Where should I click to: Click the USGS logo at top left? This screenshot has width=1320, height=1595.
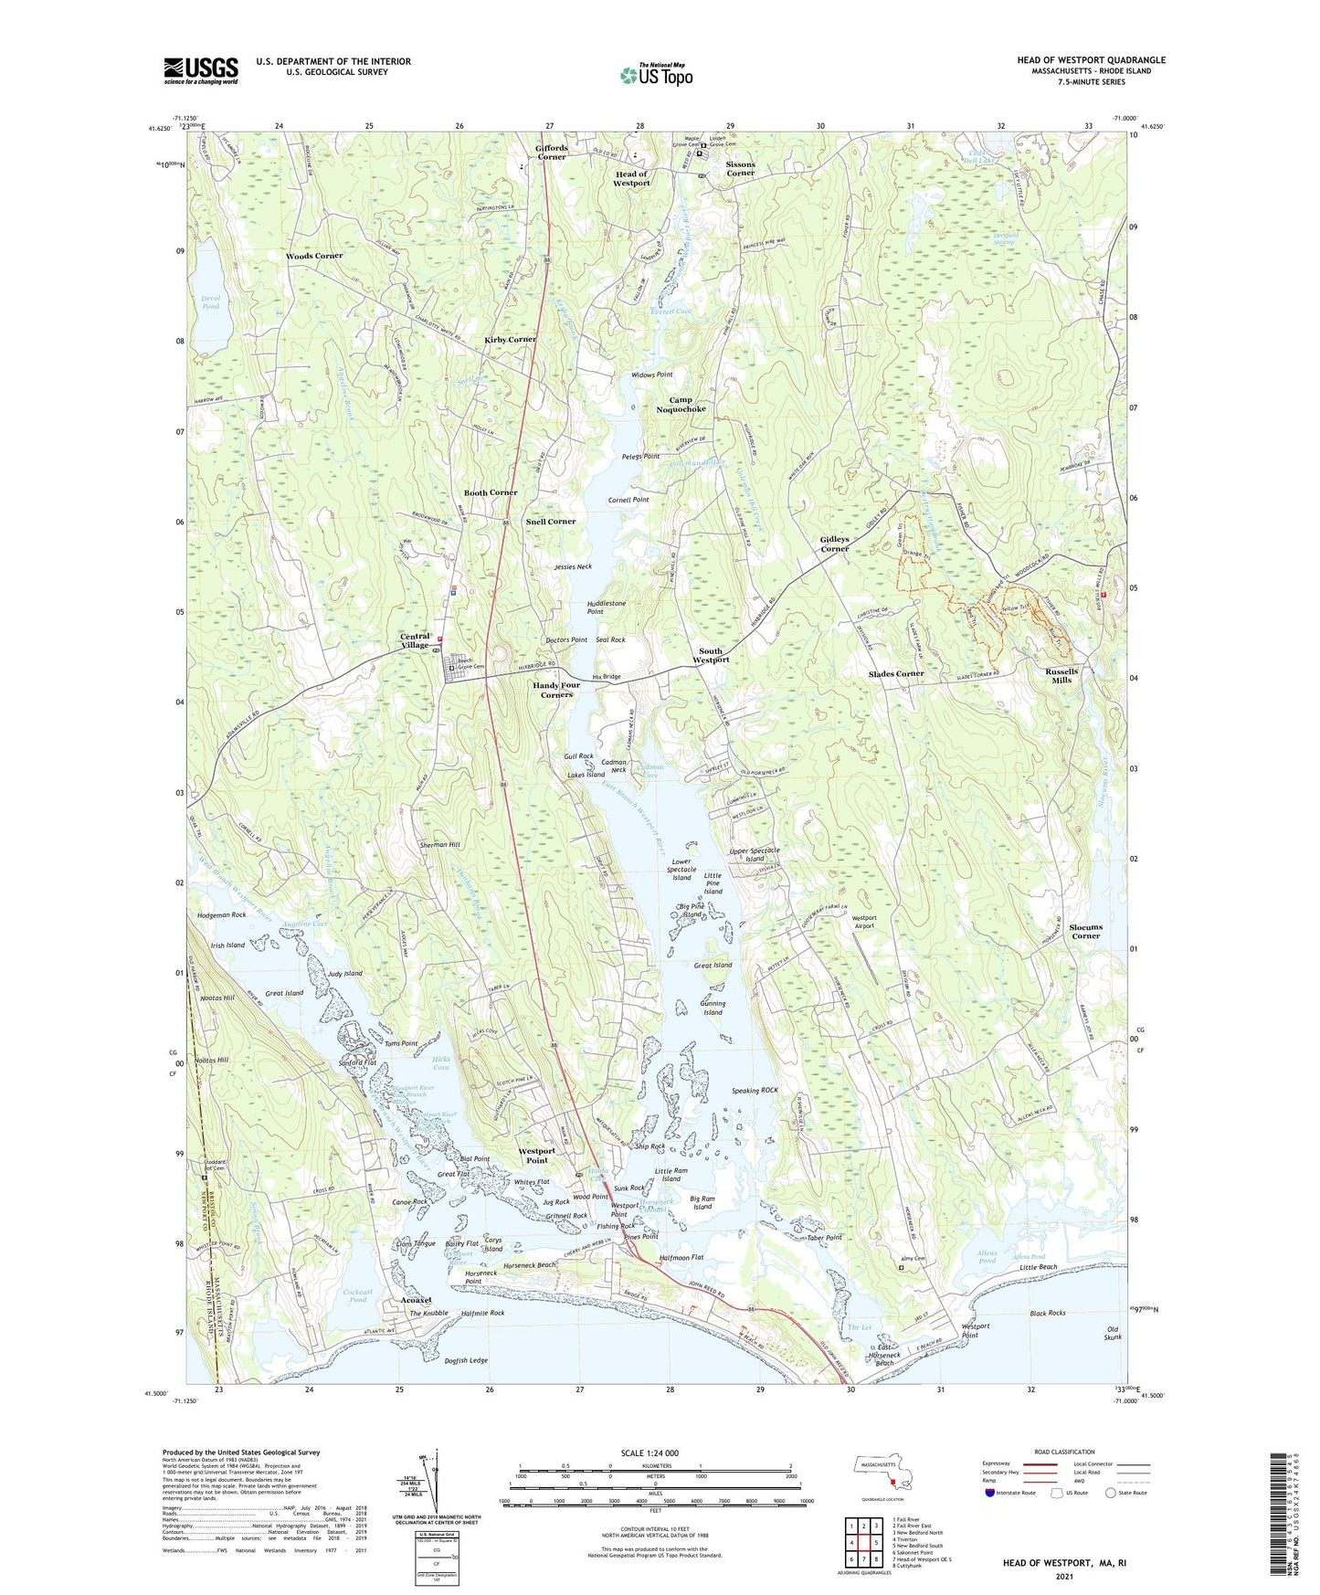pyautogui.click(x=201, y=70)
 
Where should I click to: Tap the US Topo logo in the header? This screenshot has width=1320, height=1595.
pyautogui.click(x=656, y=75)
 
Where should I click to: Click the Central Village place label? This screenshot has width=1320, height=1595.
pyautogui.click(x=415, y=640)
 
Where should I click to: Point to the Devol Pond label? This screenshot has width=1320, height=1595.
pyautogui.click(x=210, y=302)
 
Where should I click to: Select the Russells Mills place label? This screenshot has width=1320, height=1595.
pyautogui.click(x=1061, y=675)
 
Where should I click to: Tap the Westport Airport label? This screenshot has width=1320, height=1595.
pyautogui.click(x=863, y=921)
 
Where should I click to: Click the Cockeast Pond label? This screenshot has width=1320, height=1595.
pyautogui.click(x=358, y=1295)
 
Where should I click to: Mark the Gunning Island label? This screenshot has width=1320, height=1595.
pyautogui.click(x=713, y=1008)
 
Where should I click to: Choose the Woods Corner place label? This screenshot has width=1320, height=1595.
pyautogui.click(x=314, y=256)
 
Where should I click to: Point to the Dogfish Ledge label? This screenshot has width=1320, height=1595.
pyautogui.click(x=466, y=1360)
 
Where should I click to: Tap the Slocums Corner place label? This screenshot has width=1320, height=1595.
pyautogui.click(x=1085, y=931)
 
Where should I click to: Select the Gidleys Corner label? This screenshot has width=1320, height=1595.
pyautogui.click(x=834, y=544)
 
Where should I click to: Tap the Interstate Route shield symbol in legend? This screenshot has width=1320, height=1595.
pyautogui.click(x=991, y=1493)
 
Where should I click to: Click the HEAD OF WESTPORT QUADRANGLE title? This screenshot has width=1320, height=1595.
pyautogui.click(x=1091, y=60)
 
